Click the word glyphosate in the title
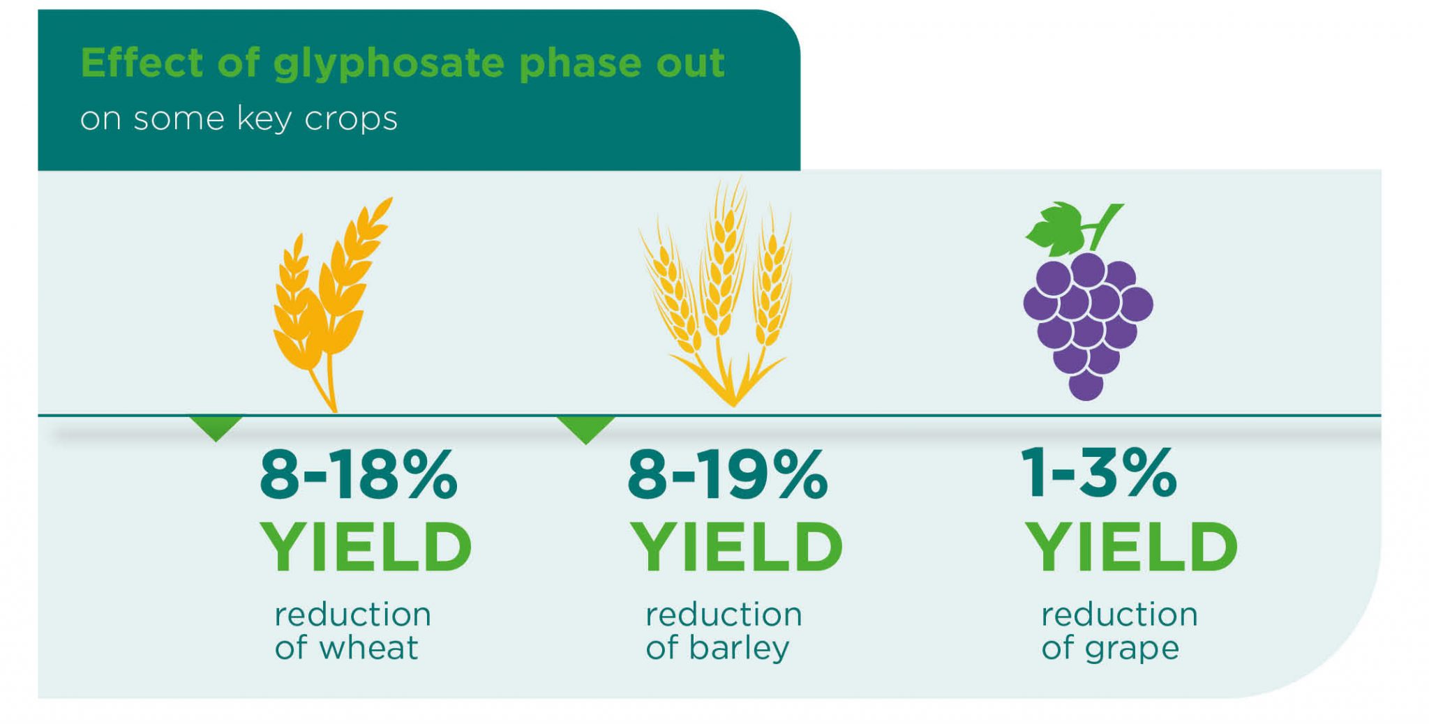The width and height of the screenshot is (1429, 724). (388, 64)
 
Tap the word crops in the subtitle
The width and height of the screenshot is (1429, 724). (351, 119)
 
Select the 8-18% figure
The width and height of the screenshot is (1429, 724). (358, 476)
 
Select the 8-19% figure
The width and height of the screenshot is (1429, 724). (727, 476)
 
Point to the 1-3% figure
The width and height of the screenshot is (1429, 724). (1098, 474)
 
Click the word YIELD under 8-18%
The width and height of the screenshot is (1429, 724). (366, 548)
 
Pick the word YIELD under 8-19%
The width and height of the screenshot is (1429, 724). (736, 548)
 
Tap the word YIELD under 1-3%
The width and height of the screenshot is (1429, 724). (1130, 548)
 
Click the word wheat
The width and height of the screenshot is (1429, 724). (368, 648)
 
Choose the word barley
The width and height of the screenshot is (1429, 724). (738, 648)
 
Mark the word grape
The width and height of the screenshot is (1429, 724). (1131, 649)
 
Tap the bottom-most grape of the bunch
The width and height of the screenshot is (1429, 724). (1086, 384)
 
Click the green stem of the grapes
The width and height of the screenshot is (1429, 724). (1103, 225)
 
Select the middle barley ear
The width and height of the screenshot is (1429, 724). (724, 265)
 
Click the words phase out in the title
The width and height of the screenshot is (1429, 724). (621, 64)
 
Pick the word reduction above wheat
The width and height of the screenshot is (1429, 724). (352, 615)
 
